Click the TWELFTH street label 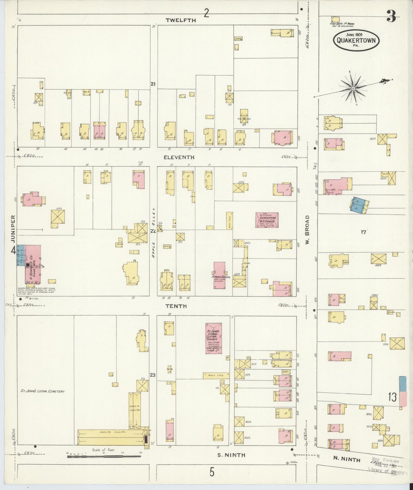181,20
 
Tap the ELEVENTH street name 179,157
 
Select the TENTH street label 176,306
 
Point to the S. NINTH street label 231,455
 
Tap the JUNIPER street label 13,229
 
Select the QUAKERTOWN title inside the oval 356,40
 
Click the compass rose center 353,88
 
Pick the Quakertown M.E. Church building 267,220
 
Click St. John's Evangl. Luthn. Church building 214,338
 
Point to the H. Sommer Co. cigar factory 32,266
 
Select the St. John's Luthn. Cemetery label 43,391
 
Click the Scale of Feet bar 104,457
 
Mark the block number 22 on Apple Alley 153,231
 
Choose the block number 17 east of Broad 363,232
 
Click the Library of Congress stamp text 387,469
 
